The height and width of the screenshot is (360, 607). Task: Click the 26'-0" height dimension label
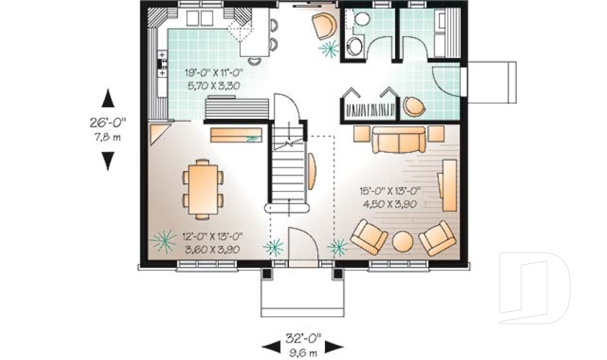(x=108, y=124)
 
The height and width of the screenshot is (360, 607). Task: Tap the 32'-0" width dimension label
(x=302, y=338)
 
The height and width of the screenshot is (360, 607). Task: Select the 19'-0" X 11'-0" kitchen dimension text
(x=214, y=73)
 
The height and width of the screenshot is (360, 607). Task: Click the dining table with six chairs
(x=204, y=189)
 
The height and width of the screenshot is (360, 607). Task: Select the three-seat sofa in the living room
(x=398, y=140)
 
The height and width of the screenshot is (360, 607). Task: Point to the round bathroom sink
(x=355, y=46)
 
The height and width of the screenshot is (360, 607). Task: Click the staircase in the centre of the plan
(x=289, y=171)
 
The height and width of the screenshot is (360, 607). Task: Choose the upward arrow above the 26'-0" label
(x=108, y=99)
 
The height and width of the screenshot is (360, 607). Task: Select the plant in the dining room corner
(x=164, y=240)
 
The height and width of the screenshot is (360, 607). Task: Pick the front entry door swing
(x=301, y=244)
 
